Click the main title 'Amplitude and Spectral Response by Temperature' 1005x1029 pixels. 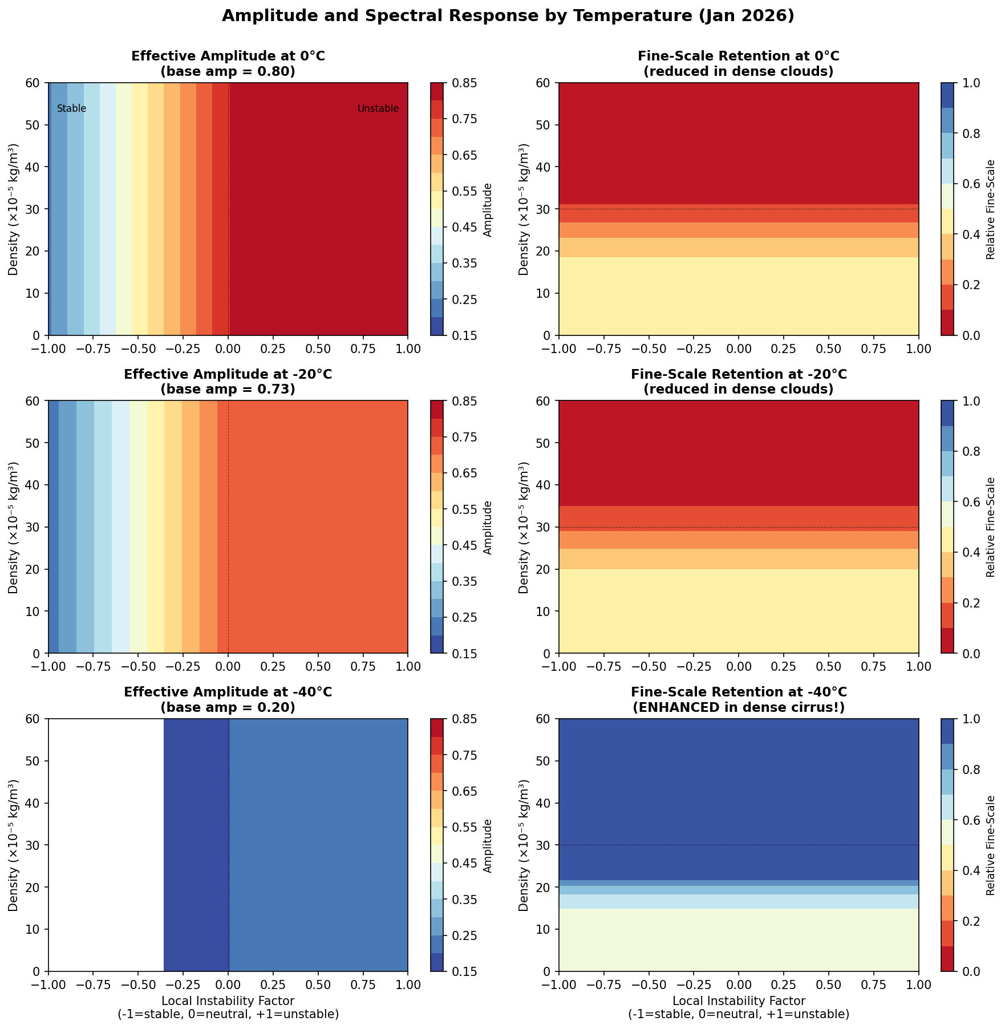click(x=508, y=16)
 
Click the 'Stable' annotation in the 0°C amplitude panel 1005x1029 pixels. click(x=71, y=108)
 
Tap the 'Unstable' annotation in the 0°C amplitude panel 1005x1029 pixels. click(x=378, y=108)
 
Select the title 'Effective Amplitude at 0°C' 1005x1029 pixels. click(x=228, y=56)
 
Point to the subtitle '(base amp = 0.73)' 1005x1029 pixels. click(x=228, y=390)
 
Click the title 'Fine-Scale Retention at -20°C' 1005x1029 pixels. click(x=739, y=374)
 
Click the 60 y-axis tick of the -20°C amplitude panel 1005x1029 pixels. click(x=34, y=401)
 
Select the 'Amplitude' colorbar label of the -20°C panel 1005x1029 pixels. click(x=487, y=527)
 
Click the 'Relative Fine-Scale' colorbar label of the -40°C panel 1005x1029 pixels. click(x=991, y=845)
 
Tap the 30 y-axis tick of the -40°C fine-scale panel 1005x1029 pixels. click(x=544, y=845)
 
